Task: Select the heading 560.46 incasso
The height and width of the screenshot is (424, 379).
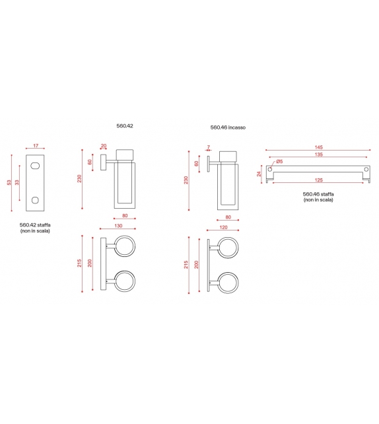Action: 228,127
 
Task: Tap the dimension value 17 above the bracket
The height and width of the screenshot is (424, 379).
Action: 35,146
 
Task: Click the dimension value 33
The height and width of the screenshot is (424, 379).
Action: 18,183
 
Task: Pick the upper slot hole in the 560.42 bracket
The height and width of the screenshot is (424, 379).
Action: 35,166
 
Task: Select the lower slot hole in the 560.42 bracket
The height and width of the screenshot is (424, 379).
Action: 35,199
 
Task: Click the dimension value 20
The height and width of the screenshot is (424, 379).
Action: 104,146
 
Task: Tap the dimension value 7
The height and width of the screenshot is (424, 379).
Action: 208,147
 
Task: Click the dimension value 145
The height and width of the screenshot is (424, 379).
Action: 318,147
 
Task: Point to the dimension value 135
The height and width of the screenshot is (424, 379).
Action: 318,155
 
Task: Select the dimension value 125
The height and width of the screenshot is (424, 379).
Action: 318,180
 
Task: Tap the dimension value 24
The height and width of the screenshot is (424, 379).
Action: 259,174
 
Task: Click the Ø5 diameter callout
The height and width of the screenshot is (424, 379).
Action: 279,162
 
